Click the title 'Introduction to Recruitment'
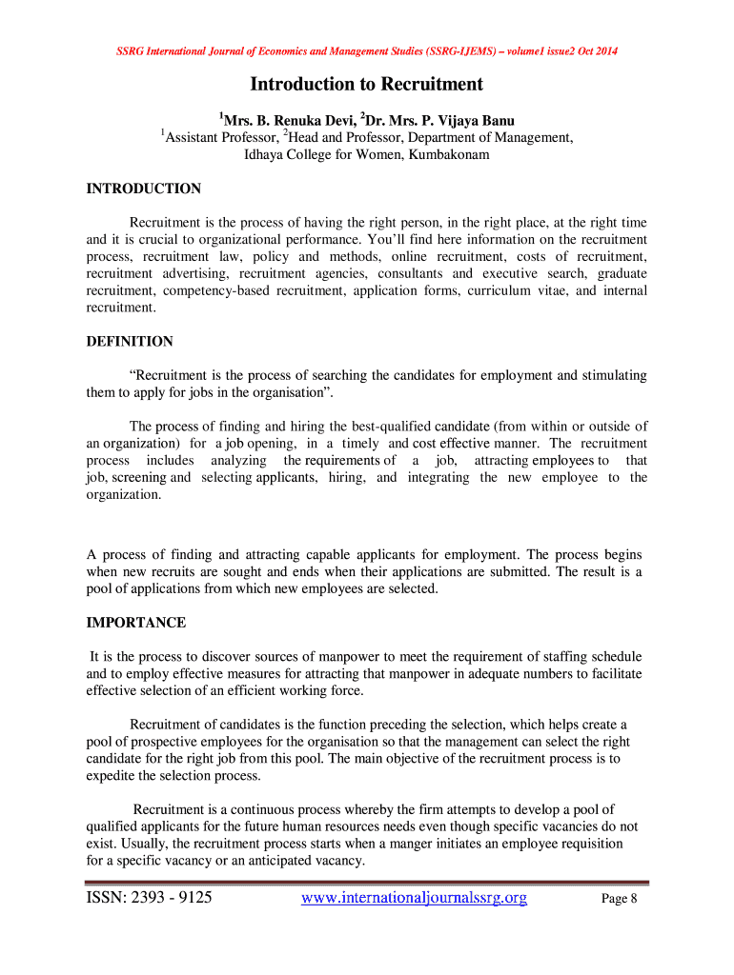[366, 85]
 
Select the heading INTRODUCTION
[144, 189]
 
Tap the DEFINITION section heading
[130, 341]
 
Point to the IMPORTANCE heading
[136, 623]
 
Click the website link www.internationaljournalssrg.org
[414, 897]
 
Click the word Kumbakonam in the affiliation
[449, 154]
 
